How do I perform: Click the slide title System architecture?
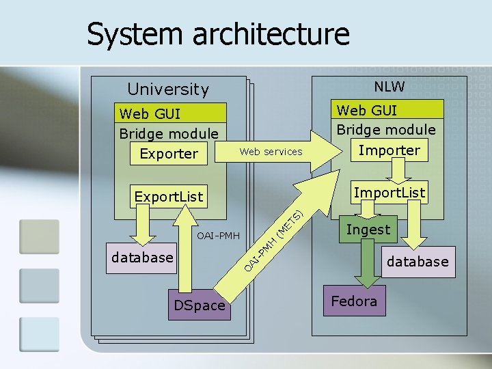pos(218,34)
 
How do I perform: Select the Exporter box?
pos(169,154)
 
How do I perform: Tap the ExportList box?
pos(169,196)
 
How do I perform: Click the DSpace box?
pos(200,305)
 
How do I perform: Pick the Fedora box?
pos(355,301)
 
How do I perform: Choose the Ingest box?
pos(368,229)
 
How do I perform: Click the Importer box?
pos(389,150)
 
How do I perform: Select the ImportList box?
pos(389,192)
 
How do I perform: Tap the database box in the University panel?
pos(141,258)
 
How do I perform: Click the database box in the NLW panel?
pos(419,262)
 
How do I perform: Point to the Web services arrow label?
pos(271,152)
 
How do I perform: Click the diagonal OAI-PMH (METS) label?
pos(274,241)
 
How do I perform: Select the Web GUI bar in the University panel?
pos(170,113)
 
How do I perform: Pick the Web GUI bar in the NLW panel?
pos(387,109)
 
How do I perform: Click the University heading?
pos(168,89)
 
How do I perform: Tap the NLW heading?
pos(389,86)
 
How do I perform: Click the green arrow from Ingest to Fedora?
pos(368,264)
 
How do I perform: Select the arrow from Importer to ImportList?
pos(398,171)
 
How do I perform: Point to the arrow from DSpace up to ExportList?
pos(185,248)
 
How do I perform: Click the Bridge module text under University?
pos(169,134)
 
